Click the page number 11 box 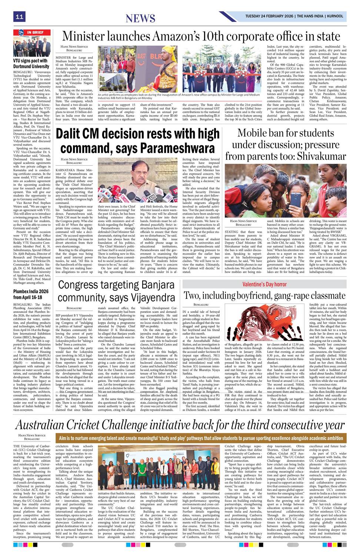pyautogui.click(x=19, y=16)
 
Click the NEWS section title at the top pyautogui.click(x=140, y=18)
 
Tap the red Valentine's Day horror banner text pyautogui.click(x=264, y=284)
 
